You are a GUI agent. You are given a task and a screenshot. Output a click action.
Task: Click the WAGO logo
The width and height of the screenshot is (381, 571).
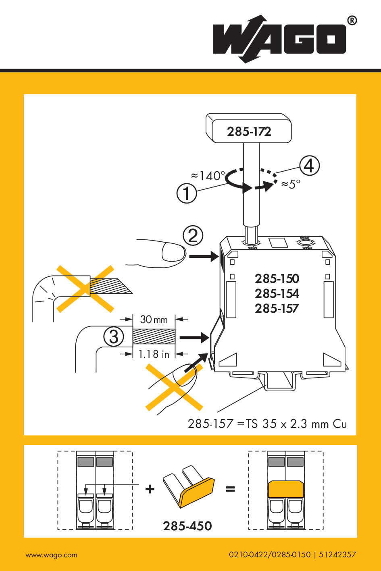(x=279, y=39)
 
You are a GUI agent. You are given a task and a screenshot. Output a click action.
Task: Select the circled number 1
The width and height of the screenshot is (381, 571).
(x=187, y=193)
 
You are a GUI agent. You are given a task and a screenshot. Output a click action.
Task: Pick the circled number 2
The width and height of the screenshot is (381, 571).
(x=193, y=236)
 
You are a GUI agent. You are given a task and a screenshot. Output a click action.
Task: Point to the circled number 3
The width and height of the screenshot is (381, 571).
(x=114, y=336)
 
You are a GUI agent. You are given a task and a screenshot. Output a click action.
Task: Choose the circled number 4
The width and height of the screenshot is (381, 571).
(x=309, y=166)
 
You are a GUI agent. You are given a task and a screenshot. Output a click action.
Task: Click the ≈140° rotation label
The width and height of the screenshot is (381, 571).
(x=208, y=176)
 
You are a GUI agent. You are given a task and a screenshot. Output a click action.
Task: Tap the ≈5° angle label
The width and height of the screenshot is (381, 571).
(x=291, y=184)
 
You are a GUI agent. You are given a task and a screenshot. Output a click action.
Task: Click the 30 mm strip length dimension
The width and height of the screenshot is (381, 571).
(x=154, y=320)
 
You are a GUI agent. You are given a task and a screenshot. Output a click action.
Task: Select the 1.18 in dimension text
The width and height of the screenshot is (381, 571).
(x=154, y=354)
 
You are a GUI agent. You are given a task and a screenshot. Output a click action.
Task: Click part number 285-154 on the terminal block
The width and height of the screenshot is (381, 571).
(x=277, y=293)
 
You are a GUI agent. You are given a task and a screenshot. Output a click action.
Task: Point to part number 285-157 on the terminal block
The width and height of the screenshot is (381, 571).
(x=277, y=308)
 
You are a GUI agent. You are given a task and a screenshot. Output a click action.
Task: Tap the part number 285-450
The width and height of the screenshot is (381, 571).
(x=187, y=526)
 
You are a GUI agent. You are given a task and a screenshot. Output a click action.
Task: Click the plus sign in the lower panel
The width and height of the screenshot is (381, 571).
(x=150, y=489)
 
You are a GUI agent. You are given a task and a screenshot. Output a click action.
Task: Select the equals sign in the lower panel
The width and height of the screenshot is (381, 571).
(x=230, y=489)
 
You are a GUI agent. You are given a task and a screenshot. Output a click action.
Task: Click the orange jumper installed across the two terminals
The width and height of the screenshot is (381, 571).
(x=285, y=489)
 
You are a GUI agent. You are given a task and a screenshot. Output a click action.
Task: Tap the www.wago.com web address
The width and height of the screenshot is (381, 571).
(x=51, y=555)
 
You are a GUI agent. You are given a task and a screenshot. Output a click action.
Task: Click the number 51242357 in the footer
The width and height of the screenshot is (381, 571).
(x=337, y=554)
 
